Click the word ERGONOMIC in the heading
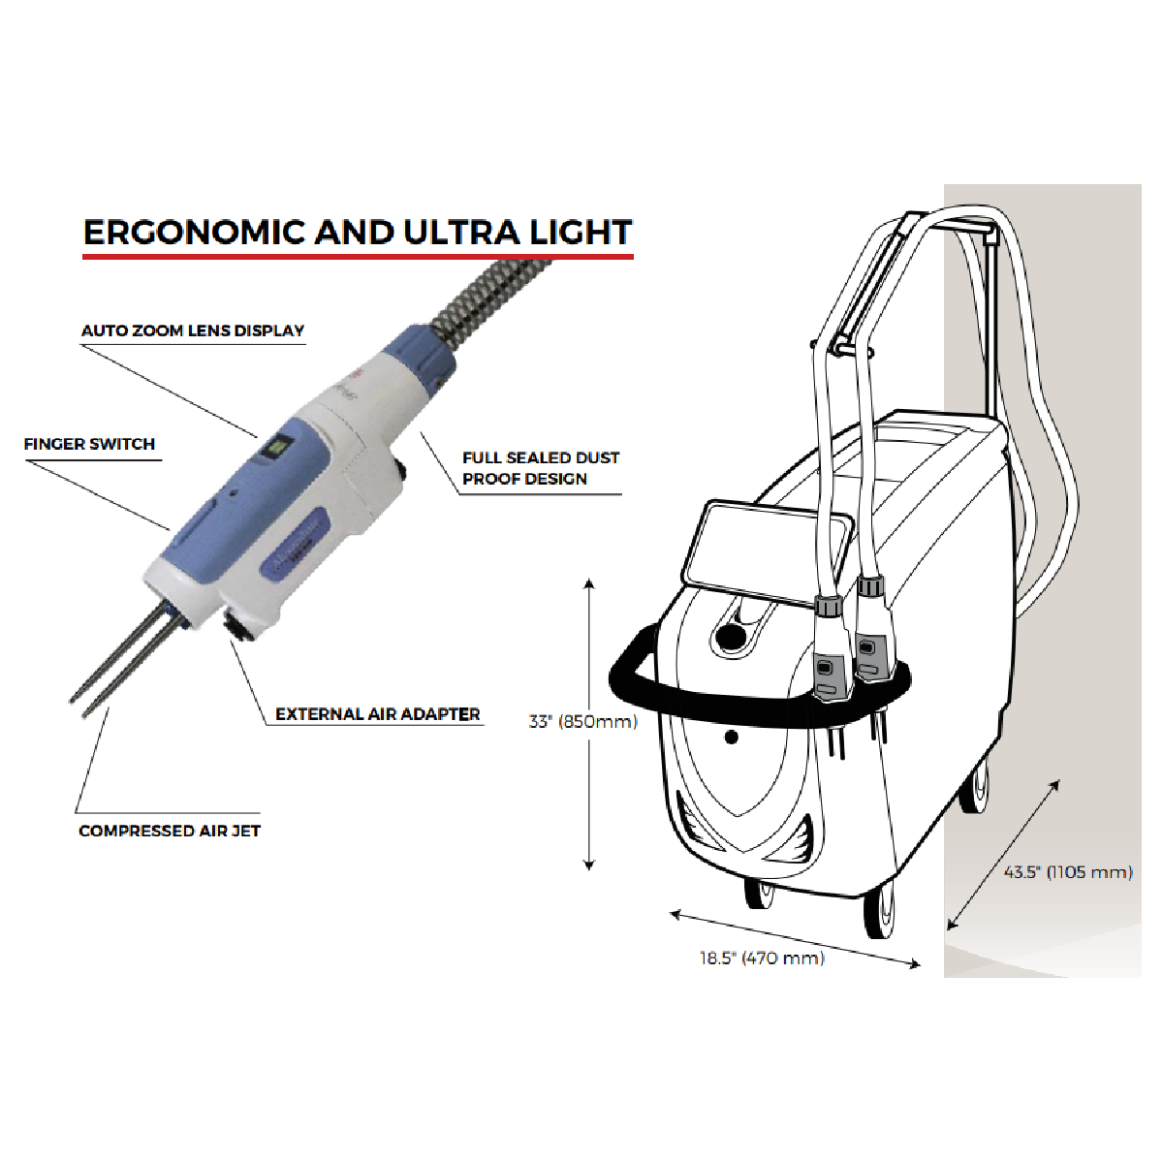point(194,233)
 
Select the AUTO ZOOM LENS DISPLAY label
point(193,330)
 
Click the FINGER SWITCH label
point(89,444)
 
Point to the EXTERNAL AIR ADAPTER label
point(378,714)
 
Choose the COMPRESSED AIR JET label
point(170,831)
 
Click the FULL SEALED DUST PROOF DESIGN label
point(541,468)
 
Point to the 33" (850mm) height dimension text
point(583,721)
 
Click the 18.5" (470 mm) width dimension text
point(763,958)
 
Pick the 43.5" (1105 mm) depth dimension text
point(1068,872)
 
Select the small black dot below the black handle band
point(732,737)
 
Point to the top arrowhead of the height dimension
point(589,582)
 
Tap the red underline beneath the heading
point(358,257)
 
